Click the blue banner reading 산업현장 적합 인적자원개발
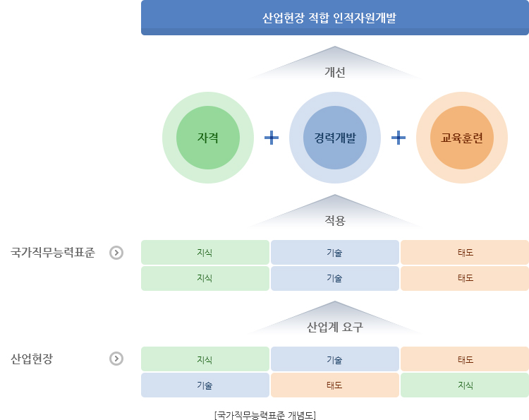[334, 18]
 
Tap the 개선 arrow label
[334, 72]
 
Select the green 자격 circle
[208, 138]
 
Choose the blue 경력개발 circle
[334, 138]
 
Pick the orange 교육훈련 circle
[462, 138]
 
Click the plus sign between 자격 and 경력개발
[272, 138]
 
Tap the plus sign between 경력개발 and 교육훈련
[399, 138]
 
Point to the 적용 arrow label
[334, 220]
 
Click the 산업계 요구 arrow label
[334, 327]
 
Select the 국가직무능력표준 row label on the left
[53, 253]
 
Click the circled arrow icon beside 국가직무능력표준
[116, 253]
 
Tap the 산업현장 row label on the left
[32, 359]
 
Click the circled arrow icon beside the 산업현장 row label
[116, 359]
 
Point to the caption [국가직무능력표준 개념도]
[265, 415]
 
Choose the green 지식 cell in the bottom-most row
[465, 385]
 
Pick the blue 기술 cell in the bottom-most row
[205, 385]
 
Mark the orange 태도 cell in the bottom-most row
[334, 385]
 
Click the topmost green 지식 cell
[205, 252]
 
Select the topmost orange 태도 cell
[465, 252]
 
